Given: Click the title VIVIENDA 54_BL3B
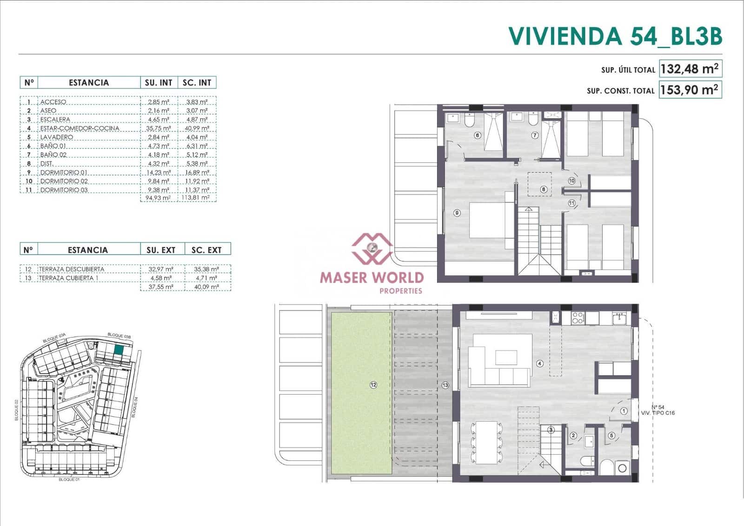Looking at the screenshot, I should pyautogui.click(x=615, y=36).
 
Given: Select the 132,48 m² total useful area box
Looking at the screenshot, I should pyautogui.click(x=690, y=69).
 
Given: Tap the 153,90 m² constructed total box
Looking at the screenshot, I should pyautogui.click(x=690, y=89).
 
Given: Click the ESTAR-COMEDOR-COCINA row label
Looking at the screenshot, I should pyautogui.click(x=80, y=128).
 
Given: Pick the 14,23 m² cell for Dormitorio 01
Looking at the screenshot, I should pyautogui.click(x=159, y=172).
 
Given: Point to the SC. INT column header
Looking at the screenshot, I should pyautogui.click(x=197, y=83).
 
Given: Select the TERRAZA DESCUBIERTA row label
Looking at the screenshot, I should pyautogui.click(x=72, y=269).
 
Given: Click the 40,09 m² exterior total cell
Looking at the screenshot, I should pyautogui.click(x=207, y=287).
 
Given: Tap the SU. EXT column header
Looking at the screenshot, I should pyautogui.click(x=161, y=250).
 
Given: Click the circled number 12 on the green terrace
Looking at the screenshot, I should pyautogui.click(x=373, y=384).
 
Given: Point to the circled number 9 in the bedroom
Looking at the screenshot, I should pyautogui.click(x=457, y=213).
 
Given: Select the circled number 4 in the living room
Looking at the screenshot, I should pyautogui.click(x=540, y=364).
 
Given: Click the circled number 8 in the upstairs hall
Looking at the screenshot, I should pyautogui.click(x=543, y=189).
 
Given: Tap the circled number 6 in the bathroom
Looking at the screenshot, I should pyautogui.click(x=477, y=135).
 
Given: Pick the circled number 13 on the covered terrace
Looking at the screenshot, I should pyautogui.click(x=445, y=385).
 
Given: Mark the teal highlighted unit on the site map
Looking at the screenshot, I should pyautogui.click(x=119, y=350).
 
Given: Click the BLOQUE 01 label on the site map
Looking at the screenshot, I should pyautogui.click(x=69, y=479).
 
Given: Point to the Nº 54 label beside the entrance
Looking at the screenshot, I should pyautogui.click(x=658, y=407).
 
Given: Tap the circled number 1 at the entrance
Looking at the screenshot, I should pyautogui.click(x=624, y=411).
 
